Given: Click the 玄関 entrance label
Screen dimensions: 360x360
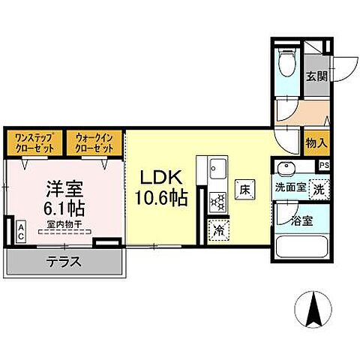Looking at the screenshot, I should [x=316, y=76].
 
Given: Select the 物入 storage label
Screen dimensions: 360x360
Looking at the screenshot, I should [x=316, y=142].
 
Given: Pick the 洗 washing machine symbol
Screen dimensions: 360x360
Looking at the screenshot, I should [x=318, y=190].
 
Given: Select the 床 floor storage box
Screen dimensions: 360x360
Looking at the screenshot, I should [x=244, y=190].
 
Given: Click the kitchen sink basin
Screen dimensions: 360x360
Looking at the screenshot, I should [x=216, y=166].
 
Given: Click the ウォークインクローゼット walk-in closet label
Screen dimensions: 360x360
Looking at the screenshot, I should [x=94, y=142].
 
